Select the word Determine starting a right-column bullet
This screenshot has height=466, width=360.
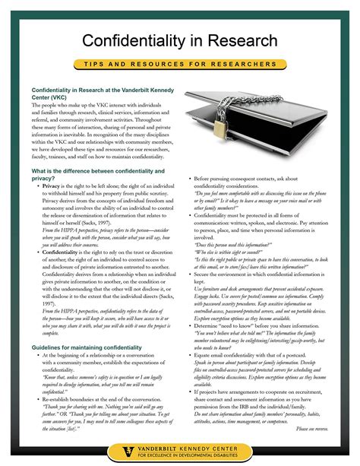[x=210, y=324]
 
